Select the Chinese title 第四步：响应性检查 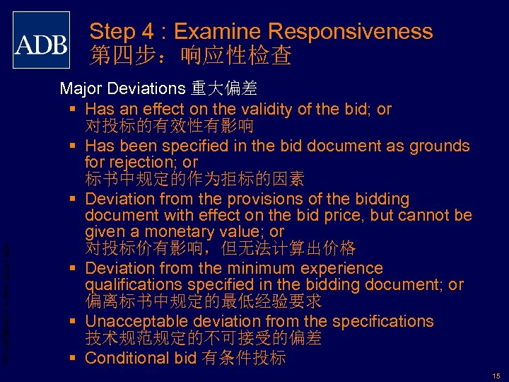click(191, 57)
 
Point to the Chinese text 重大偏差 click(224, 89)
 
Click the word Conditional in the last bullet click(127, 358)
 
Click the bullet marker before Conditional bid click(74, 358)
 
